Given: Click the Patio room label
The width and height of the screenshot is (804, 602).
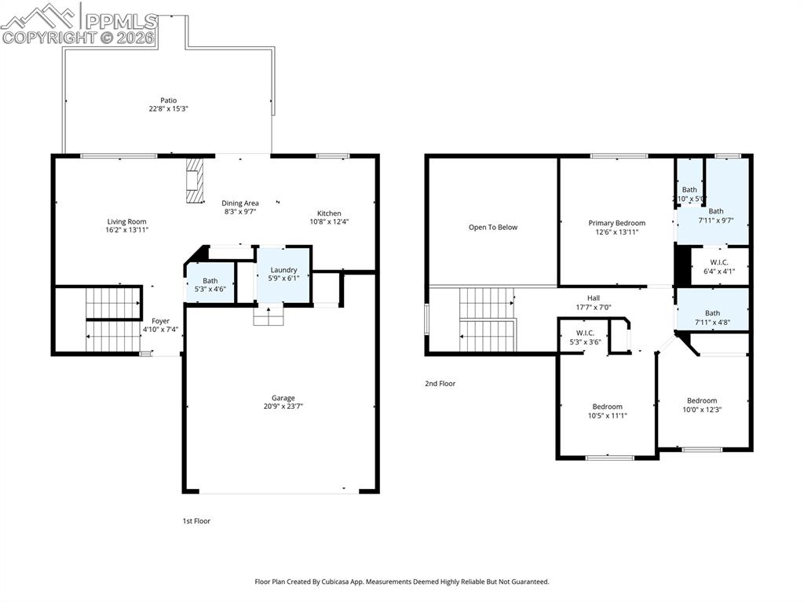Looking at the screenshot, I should tap(168, 100).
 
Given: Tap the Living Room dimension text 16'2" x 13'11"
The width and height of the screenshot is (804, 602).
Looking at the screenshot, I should tap(126, 230).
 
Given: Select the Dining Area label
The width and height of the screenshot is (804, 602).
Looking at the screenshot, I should tap(239, 203).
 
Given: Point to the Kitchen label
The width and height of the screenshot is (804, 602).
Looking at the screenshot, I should tap(329, 213).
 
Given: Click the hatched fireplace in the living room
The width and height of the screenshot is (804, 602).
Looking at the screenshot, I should tap(195, 181).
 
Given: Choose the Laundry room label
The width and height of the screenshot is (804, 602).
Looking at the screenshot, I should tap(283, 270).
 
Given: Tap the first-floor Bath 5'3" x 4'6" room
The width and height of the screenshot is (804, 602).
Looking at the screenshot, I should tap(210, 284).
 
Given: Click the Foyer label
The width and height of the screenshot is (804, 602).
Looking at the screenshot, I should tap(160, 321).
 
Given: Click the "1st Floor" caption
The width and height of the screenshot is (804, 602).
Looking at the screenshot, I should tap(196, 521).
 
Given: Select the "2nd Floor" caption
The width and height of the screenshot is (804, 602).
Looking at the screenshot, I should tap(440, 384).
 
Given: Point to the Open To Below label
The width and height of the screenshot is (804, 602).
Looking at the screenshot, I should tap(493, 228).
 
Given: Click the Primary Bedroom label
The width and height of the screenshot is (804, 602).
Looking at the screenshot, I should tap(616, 223).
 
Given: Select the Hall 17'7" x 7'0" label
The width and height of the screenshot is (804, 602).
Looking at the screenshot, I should tap(593, 298).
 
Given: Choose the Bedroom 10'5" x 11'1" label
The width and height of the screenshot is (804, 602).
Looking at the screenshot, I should tap(607, 407).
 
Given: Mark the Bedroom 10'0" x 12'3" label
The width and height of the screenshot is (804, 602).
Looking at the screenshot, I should tap(702, 401).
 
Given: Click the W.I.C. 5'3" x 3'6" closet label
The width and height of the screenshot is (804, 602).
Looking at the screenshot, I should tap(583, 333).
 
